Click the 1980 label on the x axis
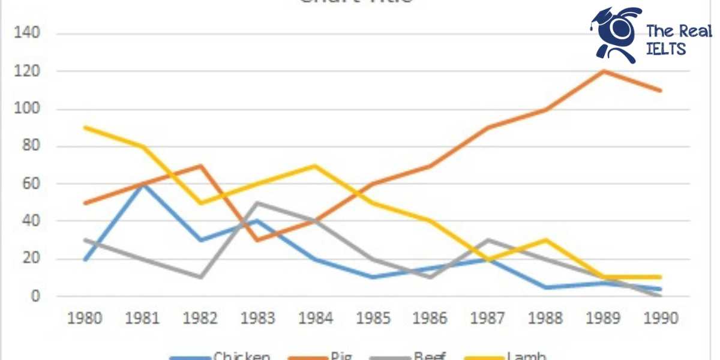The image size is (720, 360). (85, 317)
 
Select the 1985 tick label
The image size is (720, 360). (373, 317)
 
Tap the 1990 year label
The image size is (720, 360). (661, 317)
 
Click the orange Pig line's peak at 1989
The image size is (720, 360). (603, 71)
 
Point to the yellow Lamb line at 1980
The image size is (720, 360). (85, 127)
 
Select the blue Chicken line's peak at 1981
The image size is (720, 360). (143, 184)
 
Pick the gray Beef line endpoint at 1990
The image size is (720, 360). (661, 295)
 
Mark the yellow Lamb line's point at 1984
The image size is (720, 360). (315, 166)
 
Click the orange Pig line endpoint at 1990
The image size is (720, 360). (661, 91)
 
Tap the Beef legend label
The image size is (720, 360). (430, 356)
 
